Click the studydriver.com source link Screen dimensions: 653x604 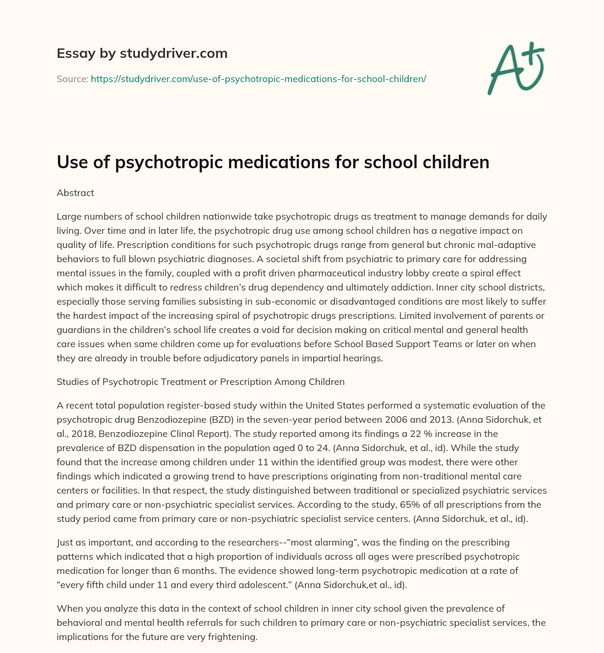258,79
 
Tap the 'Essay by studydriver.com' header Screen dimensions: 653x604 142,53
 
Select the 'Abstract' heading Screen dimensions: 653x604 75,192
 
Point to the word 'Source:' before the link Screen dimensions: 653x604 73,79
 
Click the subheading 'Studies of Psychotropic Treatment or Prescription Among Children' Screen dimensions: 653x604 201,381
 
